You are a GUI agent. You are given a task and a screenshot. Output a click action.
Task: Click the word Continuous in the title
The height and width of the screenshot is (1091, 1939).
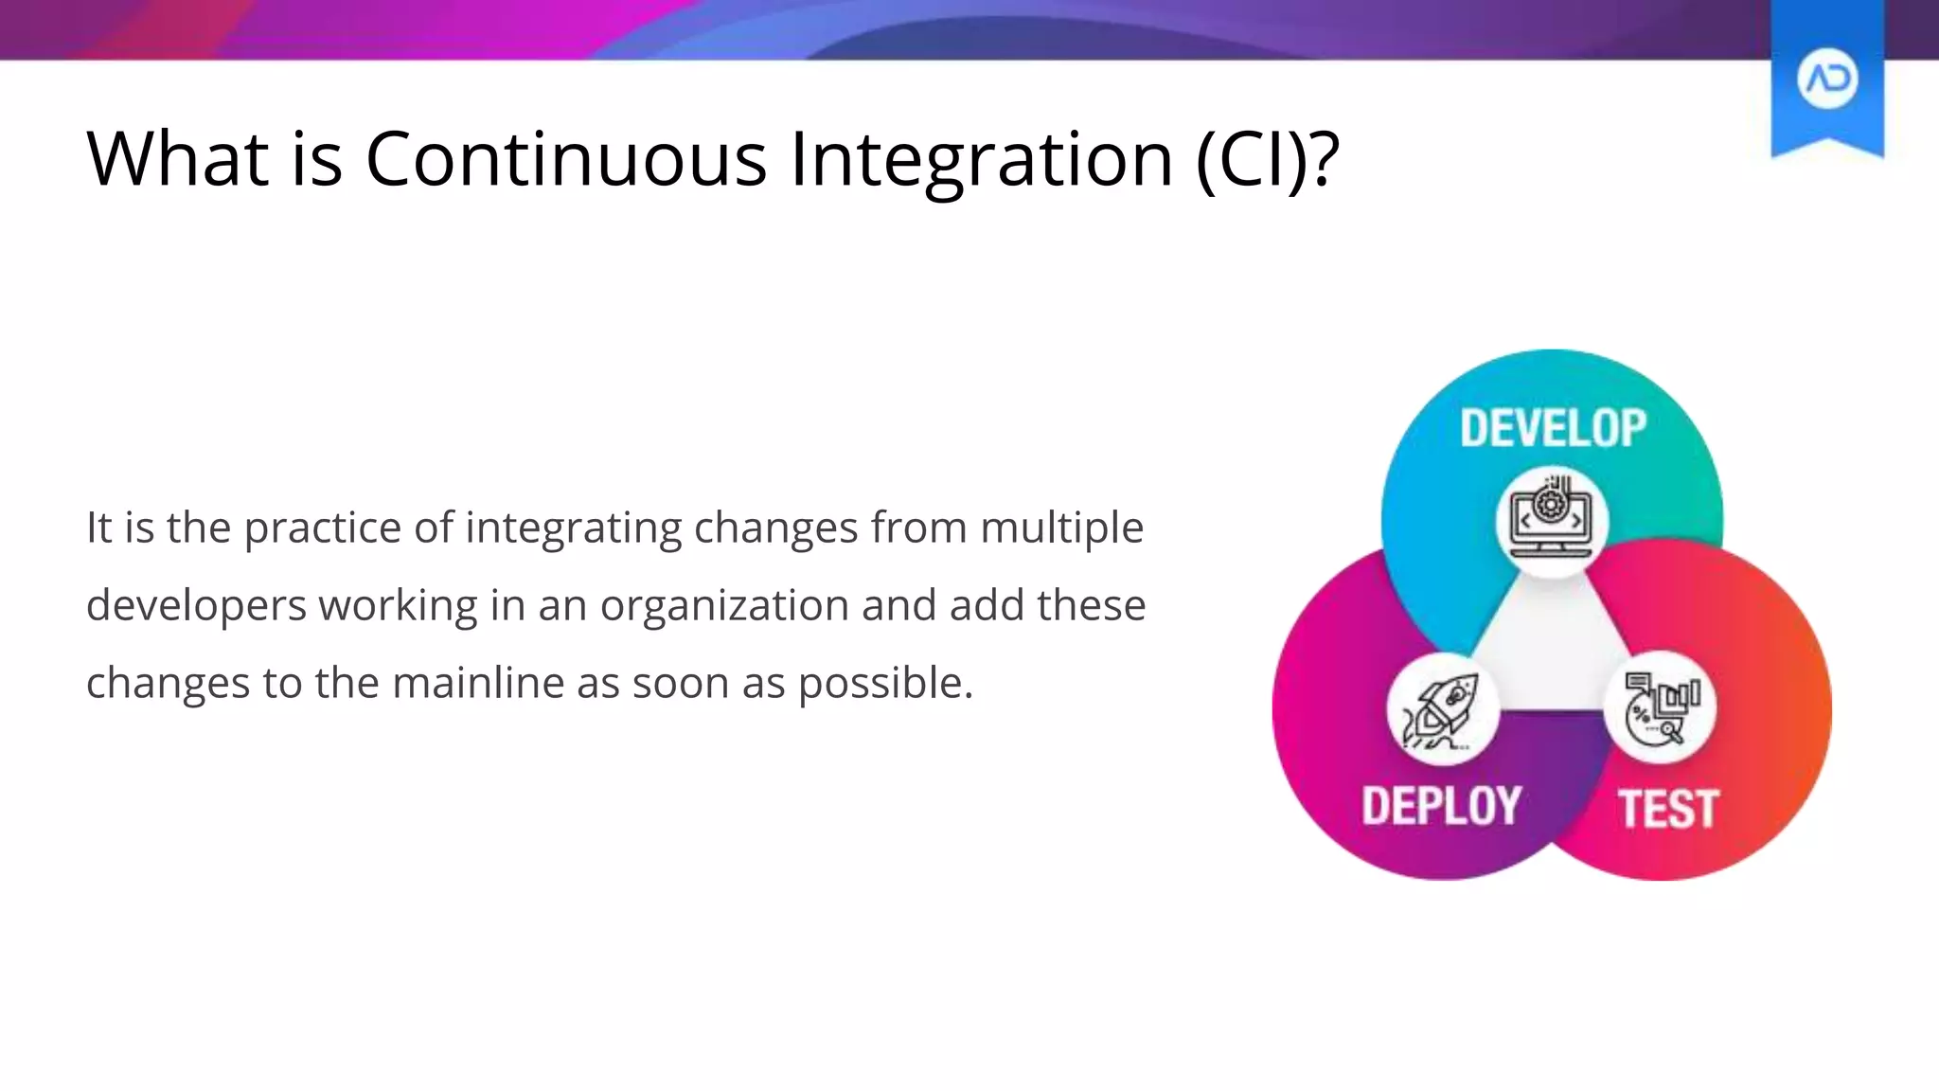(565, 159)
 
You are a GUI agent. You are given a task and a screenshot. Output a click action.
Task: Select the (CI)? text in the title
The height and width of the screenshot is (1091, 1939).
(1267, 159)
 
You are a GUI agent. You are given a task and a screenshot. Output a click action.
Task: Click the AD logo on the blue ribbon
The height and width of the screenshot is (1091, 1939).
(1826, 80)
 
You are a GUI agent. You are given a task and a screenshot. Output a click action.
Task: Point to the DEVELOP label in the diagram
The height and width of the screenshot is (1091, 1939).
(1553, 428)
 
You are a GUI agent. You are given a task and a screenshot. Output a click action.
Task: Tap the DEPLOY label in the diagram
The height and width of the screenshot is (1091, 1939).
(1441, 806)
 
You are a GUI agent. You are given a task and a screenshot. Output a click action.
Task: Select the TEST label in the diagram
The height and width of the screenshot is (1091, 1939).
(1667, 810)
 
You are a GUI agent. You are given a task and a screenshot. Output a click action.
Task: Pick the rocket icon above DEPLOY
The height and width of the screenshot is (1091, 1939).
(1442, 709)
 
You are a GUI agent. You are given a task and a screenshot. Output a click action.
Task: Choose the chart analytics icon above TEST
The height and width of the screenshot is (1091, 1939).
(1660, 708)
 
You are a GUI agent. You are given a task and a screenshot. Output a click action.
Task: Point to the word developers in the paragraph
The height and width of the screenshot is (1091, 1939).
(196, 605)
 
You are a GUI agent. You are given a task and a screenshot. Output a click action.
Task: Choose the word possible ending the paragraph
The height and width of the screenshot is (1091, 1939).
(884, 683)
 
